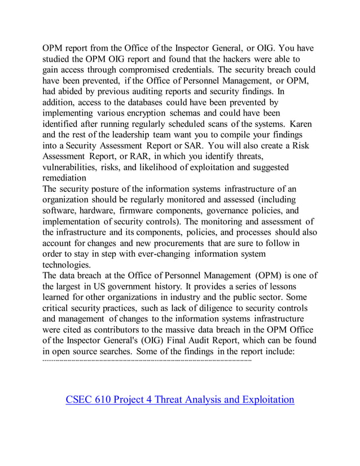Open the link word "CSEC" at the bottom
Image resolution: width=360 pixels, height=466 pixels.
point(81,400)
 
